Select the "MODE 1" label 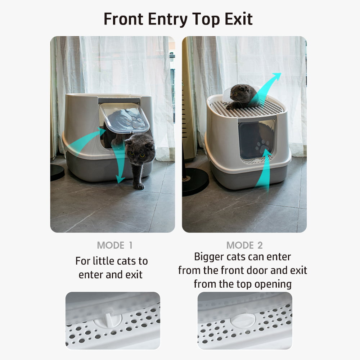point(114,246)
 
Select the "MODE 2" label point(244,246)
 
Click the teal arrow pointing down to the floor point(119,166)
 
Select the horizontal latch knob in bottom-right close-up point(243,319)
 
